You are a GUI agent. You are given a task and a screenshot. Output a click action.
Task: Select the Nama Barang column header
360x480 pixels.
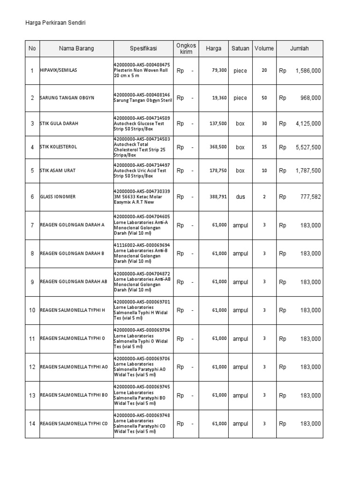[76, 49]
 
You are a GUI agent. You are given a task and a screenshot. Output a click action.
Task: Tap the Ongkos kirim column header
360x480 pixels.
[186, 49]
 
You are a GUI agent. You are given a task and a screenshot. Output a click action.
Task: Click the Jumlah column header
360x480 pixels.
[300, 49]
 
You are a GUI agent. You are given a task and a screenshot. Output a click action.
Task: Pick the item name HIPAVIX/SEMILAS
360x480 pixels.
[59, 70]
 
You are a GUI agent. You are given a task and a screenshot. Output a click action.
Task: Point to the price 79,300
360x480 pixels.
[219, 70]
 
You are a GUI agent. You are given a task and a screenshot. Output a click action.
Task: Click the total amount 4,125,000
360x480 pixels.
[308, 124]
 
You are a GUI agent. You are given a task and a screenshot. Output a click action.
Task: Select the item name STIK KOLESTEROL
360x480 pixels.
[59, 147]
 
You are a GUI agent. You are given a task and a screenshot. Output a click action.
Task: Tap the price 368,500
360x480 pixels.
[218, 147]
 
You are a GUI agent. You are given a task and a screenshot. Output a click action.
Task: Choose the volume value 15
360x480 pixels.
[264, 147]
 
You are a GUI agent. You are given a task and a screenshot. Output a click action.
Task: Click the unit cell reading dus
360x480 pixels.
[240, 197]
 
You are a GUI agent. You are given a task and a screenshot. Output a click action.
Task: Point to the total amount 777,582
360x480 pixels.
[310, 197]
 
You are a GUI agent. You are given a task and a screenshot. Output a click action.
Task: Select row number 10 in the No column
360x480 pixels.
[32, 310]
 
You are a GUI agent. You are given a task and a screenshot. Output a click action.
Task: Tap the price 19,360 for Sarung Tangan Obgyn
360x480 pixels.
[219, 98]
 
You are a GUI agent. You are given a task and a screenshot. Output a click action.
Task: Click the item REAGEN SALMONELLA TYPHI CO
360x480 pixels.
[74, 424]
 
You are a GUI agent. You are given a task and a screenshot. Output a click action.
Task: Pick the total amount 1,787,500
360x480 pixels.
[308, 171]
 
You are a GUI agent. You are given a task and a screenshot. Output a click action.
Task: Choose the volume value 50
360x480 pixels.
[264, 98]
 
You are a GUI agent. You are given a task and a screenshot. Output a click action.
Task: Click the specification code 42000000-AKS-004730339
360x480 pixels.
[142, 191]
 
